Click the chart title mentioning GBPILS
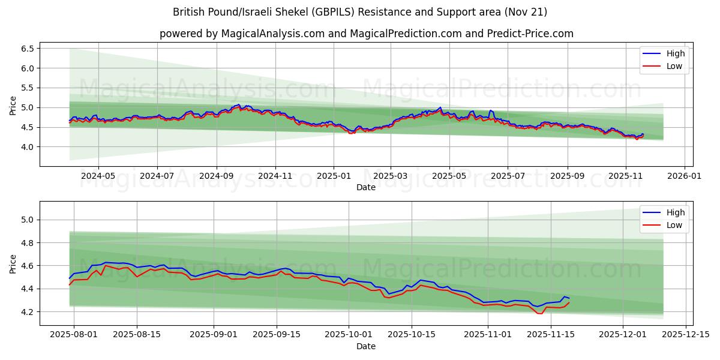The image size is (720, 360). coord(360,12)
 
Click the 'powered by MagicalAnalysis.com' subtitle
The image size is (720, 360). coord(366,34)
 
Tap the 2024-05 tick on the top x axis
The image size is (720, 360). coord(98,176)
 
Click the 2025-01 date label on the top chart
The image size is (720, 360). coord(334,176)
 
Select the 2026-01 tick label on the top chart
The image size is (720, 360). coord(685,176)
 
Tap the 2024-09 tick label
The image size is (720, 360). coord(216,176)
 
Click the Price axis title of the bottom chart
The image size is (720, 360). coord(13,263)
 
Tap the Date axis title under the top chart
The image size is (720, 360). coord(366,187)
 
